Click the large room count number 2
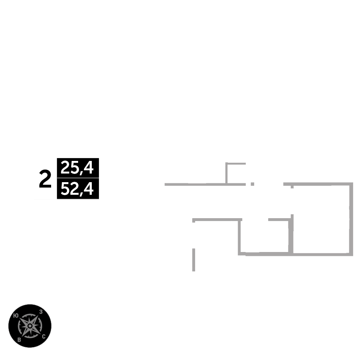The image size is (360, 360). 45,180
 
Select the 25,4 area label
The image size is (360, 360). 77,168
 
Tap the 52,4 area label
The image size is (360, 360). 77,189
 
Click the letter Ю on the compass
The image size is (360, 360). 15,315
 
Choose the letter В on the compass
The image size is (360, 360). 19,339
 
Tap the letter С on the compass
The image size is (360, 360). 44,337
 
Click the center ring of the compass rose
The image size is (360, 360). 30,326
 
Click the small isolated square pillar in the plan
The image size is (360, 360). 252,184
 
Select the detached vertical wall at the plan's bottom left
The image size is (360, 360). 194,260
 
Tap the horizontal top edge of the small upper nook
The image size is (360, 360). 236,164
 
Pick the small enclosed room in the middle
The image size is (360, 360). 265,236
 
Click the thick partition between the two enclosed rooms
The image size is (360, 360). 292,234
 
